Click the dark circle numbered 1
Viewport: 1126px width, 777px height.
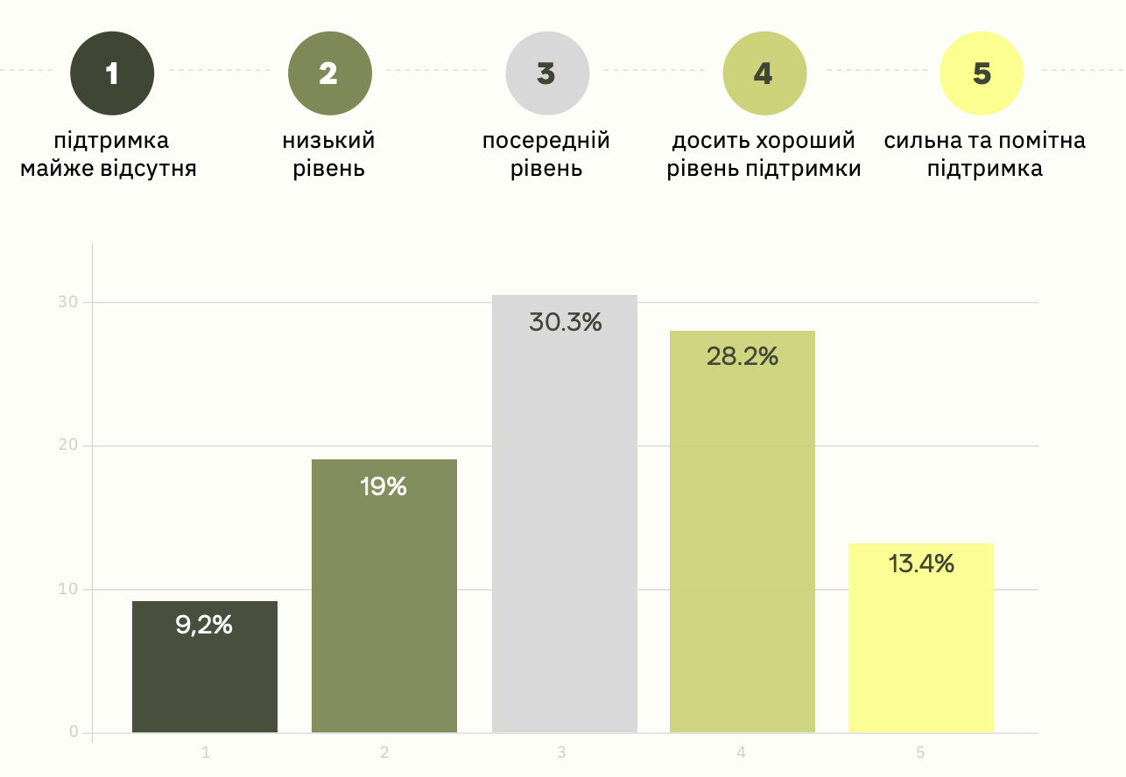(x=112, y=73)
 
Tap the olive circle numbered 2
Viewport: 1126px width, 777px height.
(x=329, y=73)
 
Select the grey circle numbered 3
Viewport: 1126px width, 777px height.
(x=546, y=73)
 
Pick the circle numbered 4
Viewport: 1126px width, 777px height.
(x=764, y=73)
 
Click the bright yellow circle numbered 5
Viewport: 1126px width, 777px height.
(x=981, y=73)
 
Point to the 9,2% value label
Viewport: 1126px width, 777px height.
(x=204, y=625)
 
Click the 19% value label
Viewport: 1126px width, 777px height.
(x=384, y=486)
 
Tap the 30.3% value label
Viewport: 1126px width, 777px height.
(x=565, y=322)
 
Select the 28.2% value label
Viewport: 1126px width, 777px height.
(x=742, y=357)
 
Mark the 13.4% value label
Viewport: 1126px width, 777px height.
(x=921, y=564)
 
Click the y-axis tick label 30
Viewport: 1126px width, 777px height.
(x=68, y=302)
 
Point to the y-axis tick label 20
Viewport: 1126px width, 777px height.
(x=68, y=445)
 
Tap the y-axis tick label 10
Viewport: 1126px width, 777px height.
(x=68, y=589)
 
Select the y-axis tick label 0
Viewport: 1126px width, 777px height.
(x=74, y=732)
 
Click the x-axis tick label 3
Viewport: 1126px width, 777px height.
(x=561, y=752)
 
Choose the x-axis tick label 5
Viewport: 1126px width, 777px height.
(x=920, y=752)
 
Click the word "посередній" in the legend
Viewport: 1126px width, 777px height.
(x=546, y=141)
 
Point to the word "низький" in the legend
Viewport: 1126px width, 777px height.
(x=328, y=141)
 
